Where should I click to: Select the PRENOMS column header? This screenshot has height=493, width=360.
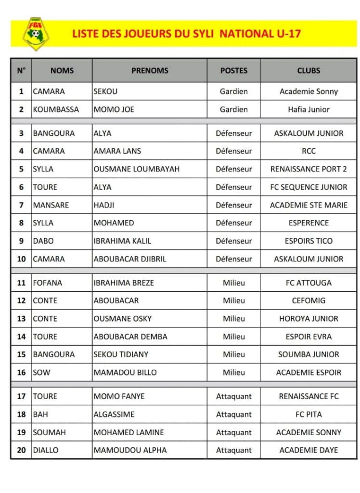click(150, 70)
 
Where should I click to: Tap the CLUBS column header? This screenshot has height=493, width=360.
click(309, 70)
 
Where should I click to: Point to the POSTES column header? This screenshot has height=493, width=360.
click(233, 70)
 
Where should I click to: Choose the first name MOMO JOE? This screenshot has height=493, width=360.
click(114, 109)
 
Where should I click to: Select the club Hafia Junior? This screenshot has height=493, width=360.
click(309, 109)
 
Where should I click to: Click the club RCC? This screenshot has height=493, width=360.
click(309, 151)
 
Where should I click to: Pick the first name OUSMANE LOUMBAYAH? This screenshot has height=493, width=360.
click(136, 169)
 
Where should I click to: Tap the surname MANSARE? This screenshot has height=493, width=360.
click(51, 205)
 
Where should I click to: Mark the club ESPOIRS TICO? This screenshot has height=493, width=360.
click(309, 241)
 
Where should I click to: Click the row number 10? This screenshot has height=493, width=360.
click(21, 259)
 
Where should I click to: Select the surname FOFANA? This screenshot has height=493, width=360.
click(47, 283)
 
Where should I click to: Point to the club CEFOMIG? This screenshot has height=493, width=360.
click(309, 300)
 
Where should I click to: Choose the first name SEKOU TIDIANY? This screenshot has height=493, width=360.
click(121, 354)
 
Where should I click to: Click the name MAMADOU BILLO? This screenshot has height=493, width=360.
click(125, 372)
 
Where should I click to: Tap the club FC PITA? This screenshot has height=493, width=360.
click(309, 414)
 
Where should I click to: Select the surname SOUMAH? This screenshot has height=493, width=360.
click(49, 432)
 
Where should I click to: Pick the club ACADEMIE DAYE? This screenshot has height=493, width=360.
click(309, 450)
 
